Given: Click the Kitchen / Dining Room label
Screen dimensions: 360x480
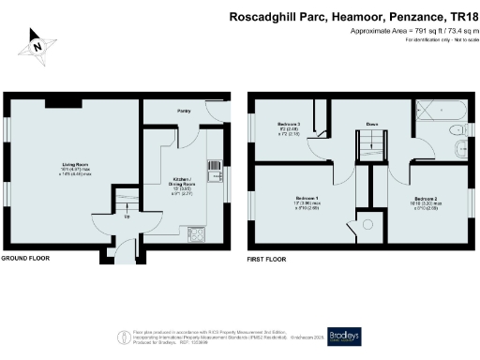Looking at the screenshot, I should [x=183, y=184].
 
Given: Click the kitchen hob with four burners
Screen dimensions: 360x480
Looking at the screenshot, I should [x=197, y=232].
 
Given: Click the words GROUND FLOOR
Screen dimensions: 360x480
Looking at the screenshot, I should [x=25, y=257].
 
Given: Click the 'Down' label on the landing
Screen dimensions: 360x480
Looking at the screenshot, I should [x=372, y=124].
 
